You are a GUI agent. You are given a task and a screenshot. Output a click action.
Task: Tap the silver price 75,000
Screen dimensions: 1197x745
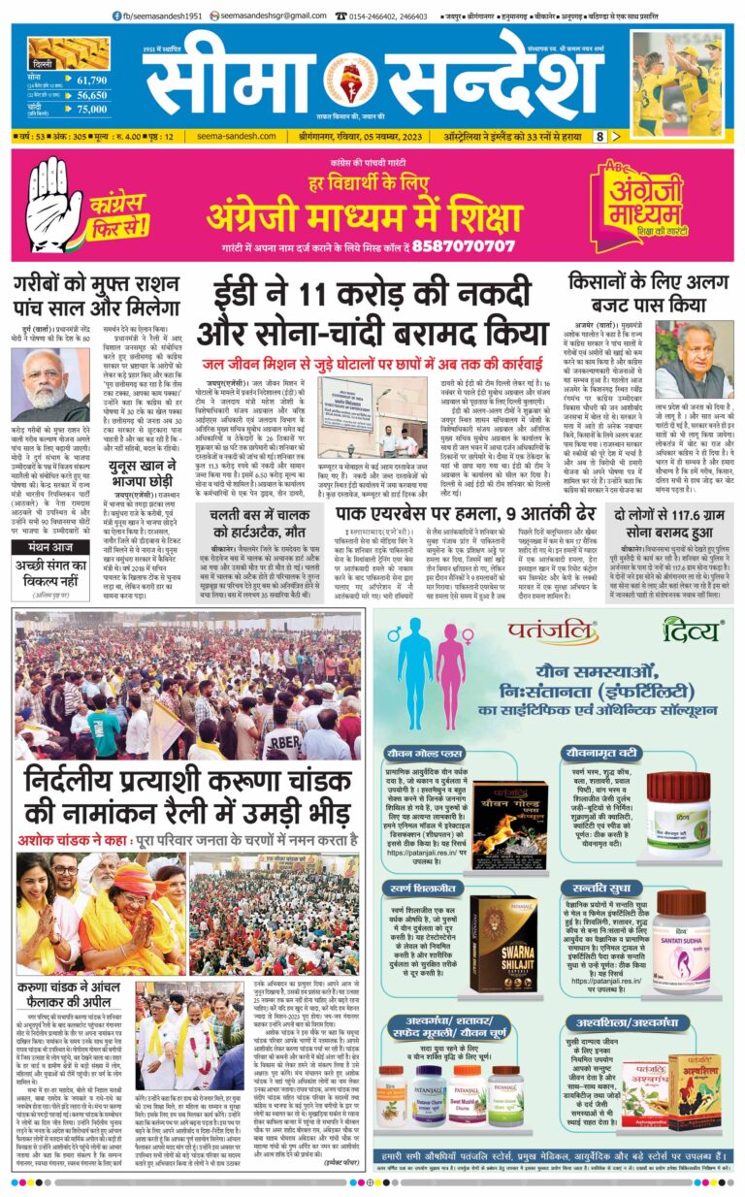[91, 111]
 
